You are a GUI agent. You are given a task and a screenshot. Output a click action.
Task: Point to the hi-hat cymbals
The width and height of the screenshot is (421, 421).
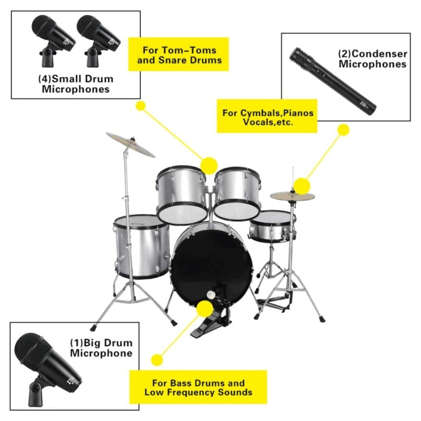292,196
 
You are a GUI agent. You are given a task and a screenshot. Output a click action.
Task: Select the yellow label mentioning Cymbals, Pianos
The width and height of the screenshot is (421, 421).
267,117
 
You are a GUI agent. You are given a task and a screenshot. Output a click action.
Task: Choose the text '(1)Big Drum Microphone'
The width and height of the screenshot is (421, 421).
101,348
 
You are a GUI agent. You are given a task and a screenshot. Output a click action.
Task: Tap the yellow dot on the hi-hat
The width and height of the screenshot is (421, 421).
301,186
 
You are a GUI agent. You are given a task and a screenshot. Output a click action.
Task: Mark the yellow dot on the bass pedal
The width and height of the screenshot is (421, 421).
204,308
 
